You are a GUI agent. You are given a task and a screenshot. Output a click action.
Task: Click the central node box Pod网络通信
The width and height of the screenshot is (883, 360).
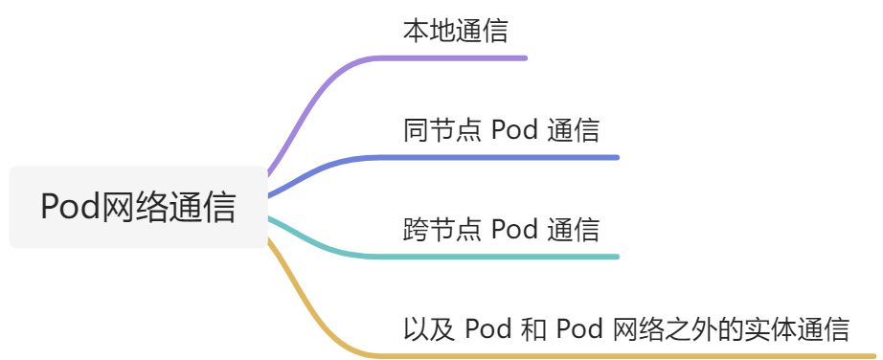tap(138, 207)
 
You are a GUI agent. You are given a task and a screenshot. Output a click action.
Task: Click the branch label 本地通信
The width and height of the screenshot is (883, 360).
tap(455, 31)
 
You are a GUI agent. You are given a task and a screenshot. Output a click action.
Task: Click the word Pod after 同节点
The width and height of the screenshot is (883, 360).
tap(513, 130)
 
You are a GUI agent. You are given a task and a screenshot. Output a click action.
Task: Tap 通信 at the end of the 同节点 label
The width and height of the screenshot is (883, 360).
tap(574, 130)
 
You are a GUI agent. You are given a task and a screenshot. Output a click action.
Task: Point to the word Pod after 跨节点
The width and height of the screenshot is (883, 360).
tap(513, 230)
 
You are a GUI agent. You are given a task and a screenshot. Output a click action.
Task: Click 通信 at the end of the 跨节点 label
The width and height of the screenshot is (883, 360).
tap(574, 230)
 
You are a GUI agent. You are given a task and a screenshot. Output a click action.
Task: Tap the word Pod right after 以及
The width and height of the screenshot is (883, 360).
tap(487, 329)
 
